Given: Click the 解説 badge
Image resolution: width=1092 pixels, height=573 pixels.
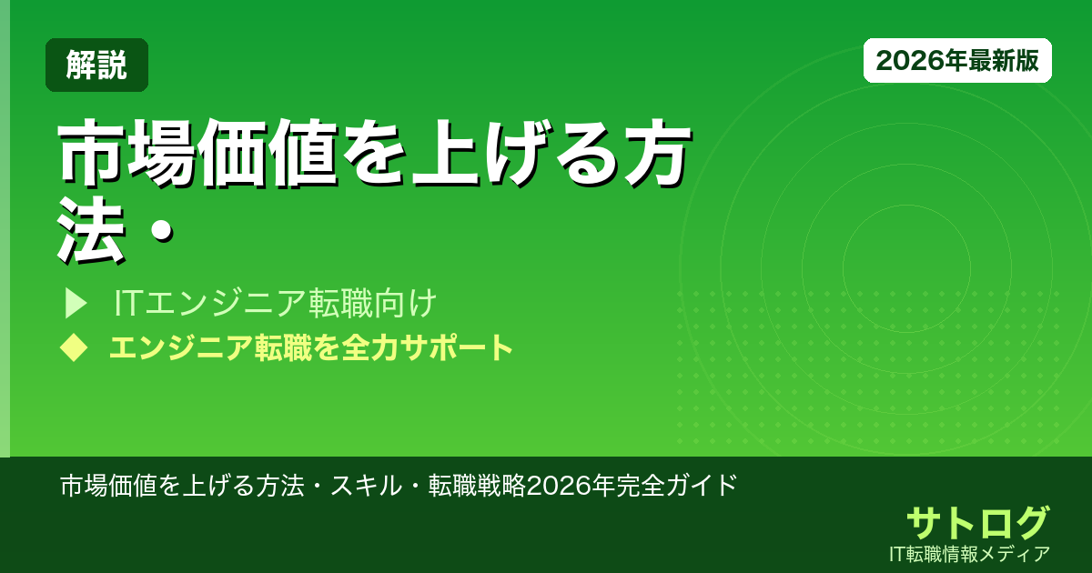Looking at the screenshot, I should pyautogui.click(x=96, y=65).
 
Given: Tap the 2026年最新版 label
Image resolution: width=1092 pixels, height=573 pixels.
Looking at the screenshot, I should pyautogui.click(x=957, y=60).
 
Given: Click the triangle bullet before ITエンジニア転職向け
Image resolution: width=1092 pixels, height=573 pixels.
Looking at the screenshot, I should pyautogui.click(x=76, y=304).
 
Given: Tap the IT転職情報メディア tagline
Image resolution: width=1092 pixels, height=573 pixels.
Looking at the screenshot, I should pyautogui.click(x=972, y=553).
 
